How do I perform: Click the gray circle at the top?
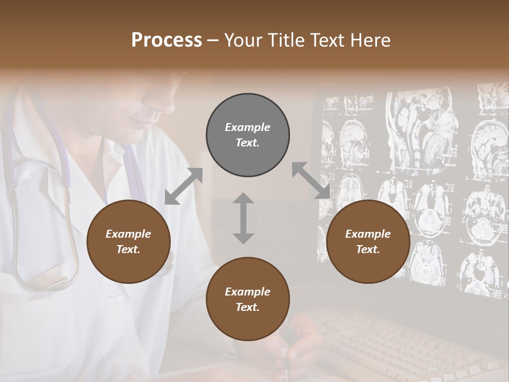pos(248,135)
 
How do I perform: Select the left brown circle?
pos(128,242)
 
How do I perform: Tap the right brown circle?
pos(368,242)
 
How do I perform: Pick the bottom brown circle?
pos(248,299)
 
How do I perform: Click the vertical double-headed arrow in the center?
pos(243,218)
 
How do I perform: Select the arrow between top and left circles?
pos(183,187)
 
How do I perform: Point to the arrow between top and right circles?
pos(311,181)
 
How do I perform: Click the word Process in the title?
pos(166,40)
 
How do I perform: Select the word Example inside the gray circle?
pos(248,127)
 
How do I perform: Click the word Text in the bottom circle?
pos(247,307)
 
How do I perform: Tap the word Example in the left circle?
pos(128,234)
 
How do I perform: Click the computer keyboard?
pos(403,340)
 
